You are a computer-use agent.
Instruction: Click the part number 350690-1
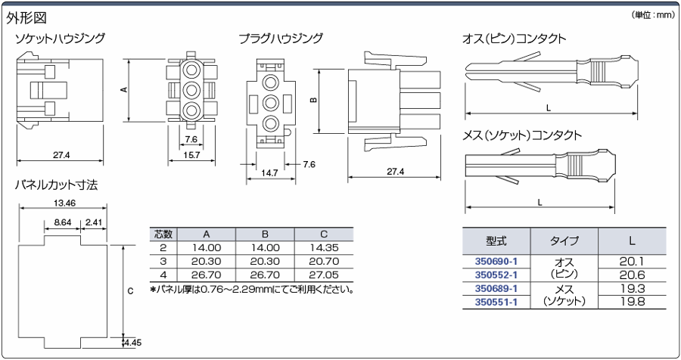(x=496, y=262)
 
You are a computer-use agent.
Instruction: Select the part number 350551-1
(x=496, y=302)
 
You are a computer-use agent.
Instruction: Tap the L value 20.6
(x=632, y=275)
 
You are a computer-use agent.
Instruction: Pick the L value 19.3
(x=632, y=288)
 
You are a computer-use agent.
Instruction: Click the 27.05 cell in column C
(x=324, y=275)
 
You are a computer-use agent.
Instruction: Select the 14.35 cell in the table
(x=324, y=248)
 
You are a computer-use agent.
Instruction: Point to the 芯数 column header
(x=163, y=234)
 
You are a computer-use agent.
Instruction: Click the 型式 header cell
(x=496, y=241)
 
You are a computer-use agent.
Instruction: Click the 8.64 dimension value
(x=63, y=222)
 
